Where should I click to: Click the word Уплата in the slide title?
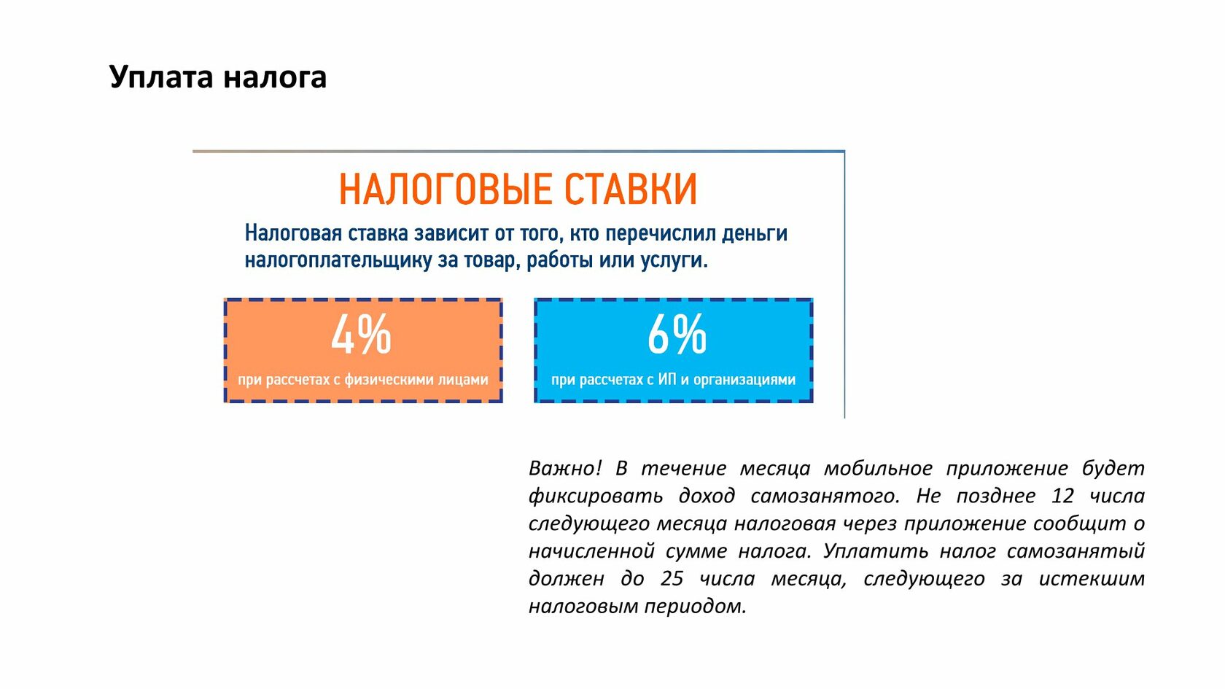point(161,77)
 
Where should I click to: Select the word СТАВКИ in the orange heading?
point(631,190)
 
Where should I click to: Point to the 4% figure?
point(362,334)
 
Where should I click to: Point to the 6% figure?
point(677,334)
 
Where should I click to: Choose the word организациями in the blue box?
point(744,379)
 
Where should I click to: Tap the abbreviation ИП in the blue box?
point(667,379)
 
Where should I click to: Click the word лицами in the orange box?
point(463,379)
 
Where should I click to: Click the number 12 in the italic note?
point(1062,496)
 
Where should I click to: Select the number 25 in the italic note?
point(672,579)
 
